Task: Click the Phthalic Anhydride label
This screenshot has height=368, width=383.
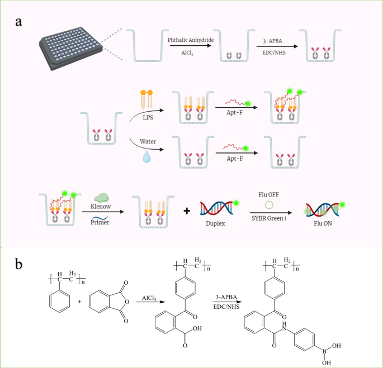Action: pos(190,40)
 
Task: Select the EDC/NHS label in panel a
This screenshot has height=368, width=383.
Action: pos(276,52)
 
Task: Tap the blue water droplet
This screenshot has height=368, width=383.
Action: pos(146,158)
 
